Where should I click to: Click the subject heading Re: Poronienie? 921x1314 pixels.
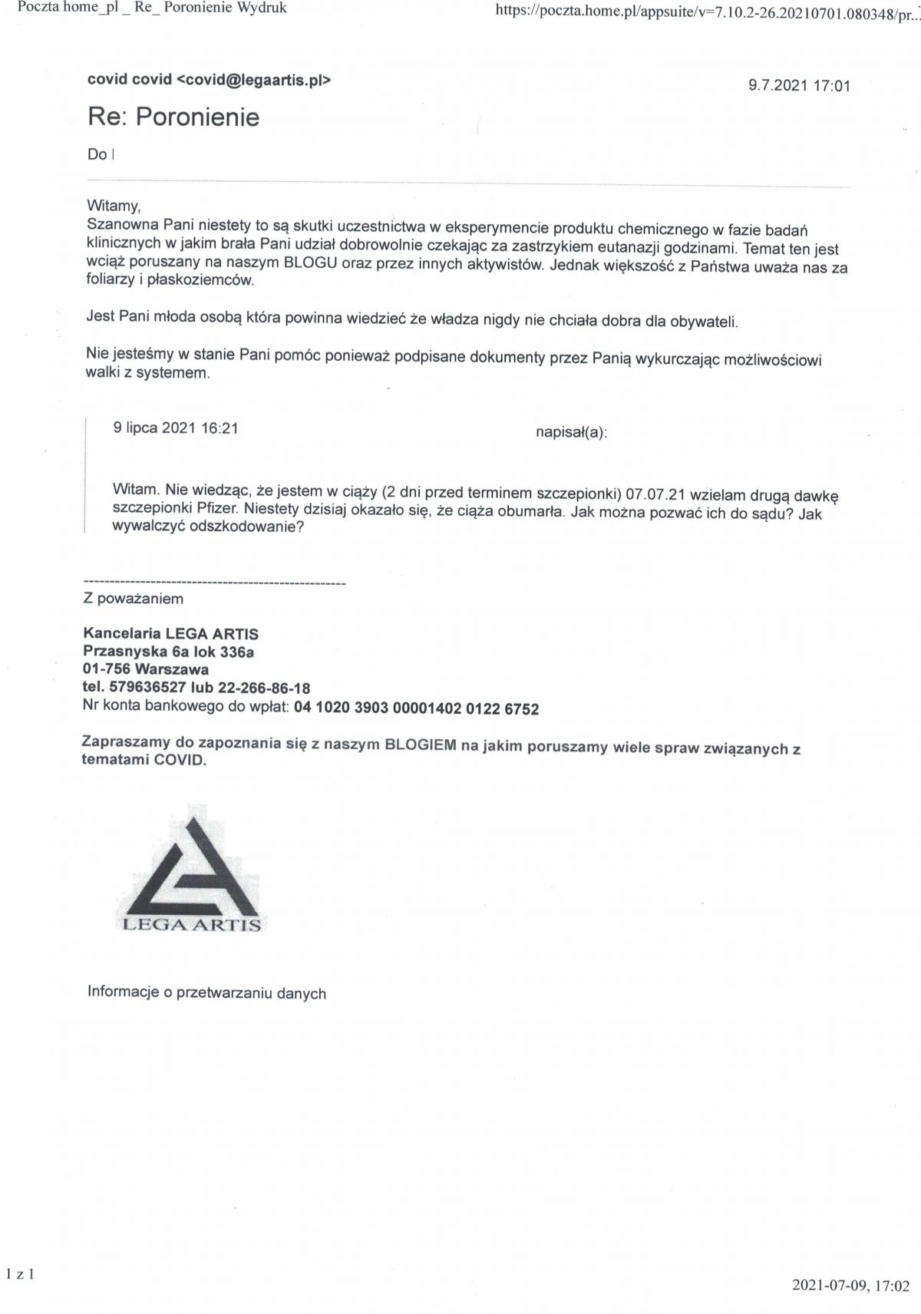pyautogui.click(x=174, y=117)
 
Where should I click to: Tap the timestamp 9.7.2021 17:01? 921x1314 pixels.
pyautogui.click(x=799, y=85)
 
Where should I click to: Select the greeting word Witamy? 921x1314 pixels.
pyautogui.click(x=114, y=206)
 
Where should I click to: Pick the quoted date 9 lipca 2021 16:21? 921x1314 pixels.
pyautogui.click(x=176, y=428)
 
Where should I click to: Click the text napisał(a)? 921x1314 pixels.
pyautogui.click(x=571, y=433)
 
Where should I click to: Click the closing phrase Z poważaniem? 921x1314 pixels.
pyautogui.click(x=134, y=599)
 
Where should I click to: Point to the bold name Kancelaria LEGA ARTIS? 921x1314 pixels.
pyautogui.click(x=170, y=634)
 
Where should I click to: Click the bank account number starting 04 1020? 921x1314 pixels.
pyautogui.click(x=416, y=708)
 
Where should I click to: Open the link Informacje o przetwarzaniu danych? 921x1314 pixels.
pyautogui.click(x=206, y=992)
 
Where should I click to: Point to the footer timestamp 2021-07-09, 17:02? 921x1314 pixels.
pyautogui.click(x=850, y=1286)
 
